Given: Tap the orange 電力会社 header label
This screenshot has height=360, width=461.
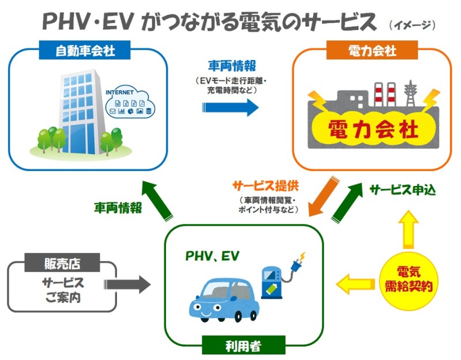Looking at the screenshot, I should pyautogui.click(x=372, y=51).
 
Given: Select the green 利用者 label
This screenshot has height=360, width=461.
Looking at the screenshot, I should pyautogui.click(x=242, y=345).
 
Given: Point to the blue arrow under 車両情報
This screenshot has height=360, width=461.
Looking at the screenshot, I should pyautogui.click(x=231, y=107).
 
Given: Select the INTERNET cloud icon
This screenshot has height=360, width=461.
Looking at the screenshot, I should pyautogui.click(x=127, y=102).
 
